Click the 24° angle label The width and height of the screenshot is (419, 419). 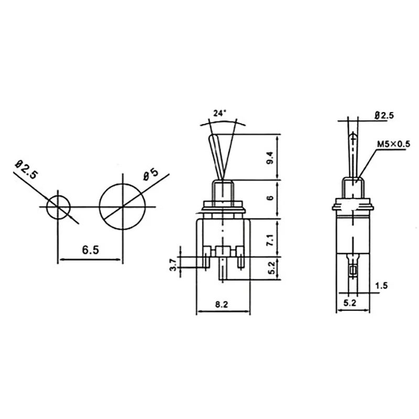pos(220,113)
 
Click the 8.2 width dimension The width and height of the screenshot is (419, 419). pos(223,304)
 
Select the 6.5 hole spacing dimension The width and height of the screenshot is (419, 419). pos(90,250)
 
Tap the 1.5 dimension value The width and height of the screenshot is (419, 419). pos(382,285)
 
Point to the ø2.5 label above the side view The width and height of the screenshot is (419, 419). pos(384,116)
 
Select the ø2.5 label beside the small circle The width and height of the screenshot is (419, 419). pos(26,171)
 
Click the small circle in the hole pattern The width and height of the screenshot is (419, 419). pos(58,207)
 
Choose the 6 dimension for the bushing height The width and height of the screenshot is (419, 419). pos(270,198)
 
